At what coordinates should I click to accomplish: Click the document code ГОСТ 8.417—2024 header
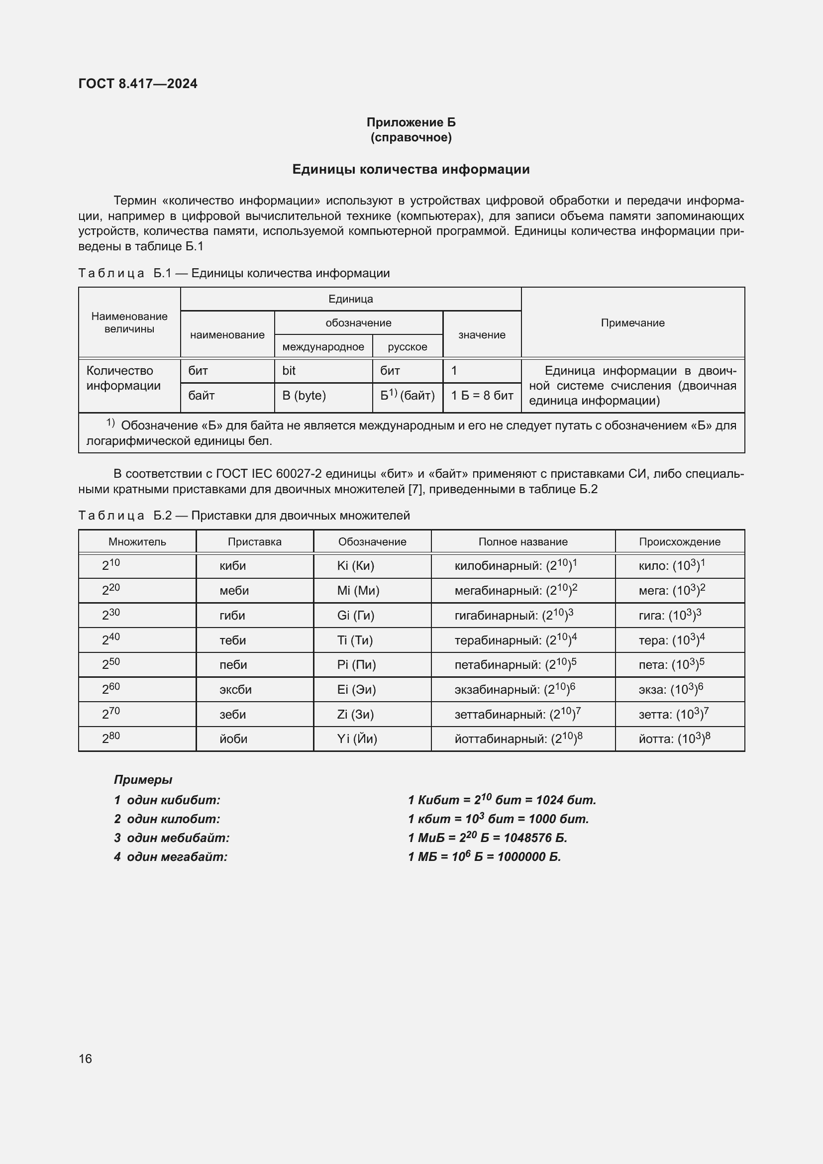pos(138,84)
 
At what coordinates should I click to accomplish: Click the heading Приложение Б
pos(411,122)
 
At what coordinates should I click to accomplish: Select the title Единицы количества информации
pos(411,169)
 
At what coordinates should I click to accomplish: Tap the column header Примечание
pos(632,323)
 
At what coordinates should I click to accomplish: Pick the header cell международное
pos(323,347)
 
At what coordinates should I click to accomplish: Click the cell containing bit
pos(289,371)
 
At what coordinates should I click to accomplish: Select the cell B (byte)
pos(304,396)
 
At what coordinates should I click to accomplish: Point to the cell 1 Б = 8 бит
pos(482,396)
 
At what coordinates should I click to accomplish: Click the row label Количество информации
pos(123,378)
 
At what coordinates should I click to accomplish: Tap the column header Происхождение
pos(679,541)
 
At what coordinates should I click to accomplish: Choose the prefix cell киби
pos(232,566)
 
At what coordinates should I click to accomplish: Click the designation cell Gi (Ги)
pos(356,616)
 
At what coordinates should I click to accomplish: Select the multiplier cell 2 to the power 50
pos(111,664)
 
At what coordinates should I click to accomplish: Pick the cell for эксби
pos(235,689)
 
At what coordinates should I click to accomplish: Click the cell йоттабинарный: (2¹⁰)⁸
pos(518,739)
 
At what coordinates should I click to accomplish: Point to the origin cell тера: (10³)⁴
pos(671,640)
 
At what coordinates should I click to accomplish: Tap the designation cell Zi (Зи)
pos(355,714)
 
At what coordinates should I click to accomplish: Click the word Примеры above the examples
pos(143,780)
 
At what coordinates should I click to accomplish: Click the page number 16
pos(85,1058)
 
